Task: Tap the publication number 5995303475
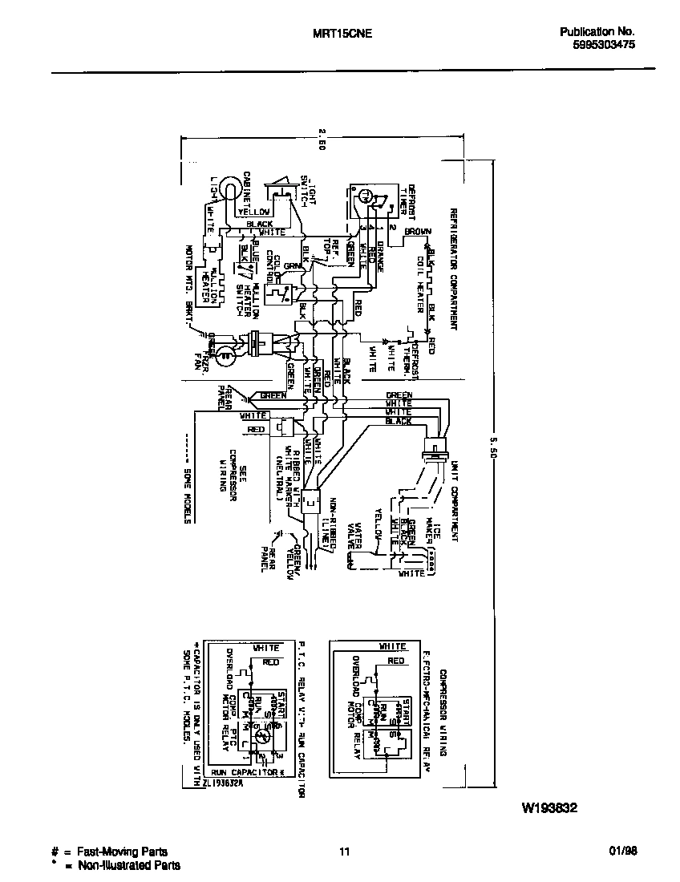[598, 47]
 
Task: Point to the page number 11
[345, 852]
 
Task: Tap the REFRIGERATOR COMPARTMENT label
[453, 269]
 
